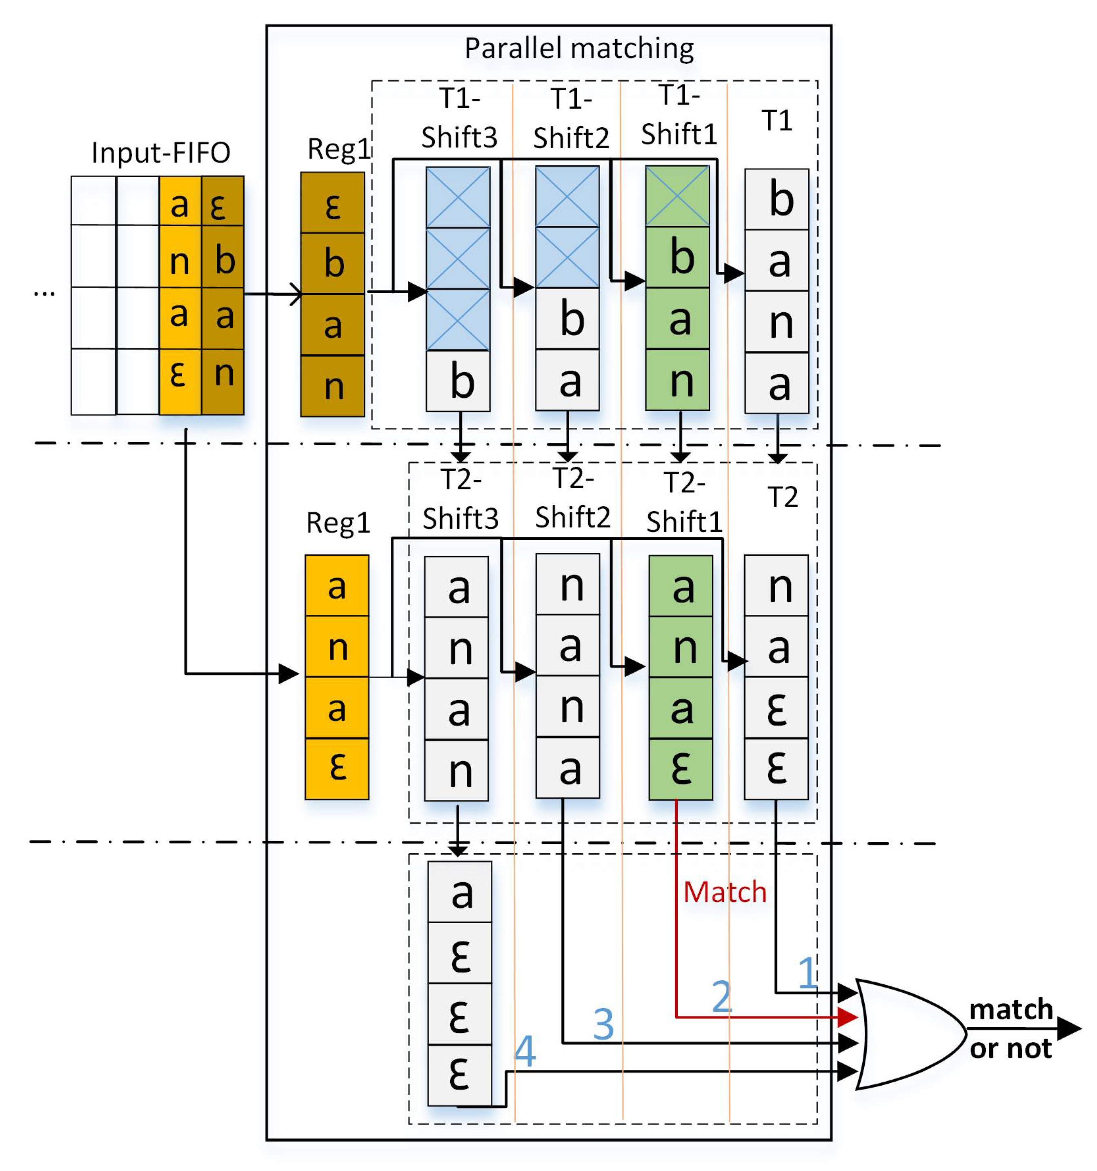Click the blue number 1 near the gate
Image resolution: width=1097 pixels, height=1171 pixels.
pos(807,973)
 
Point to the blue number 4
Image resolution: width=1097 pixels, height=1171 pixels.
pos(525,1051)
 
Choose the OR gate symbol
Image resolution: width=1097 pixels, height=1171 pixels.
pos(907,1034)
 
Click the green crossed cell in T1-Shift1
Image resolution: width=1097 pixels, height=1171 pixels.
pos(677,196)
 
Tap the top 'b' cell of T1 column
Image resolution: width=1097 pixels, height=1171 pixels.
pos(776,200)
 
